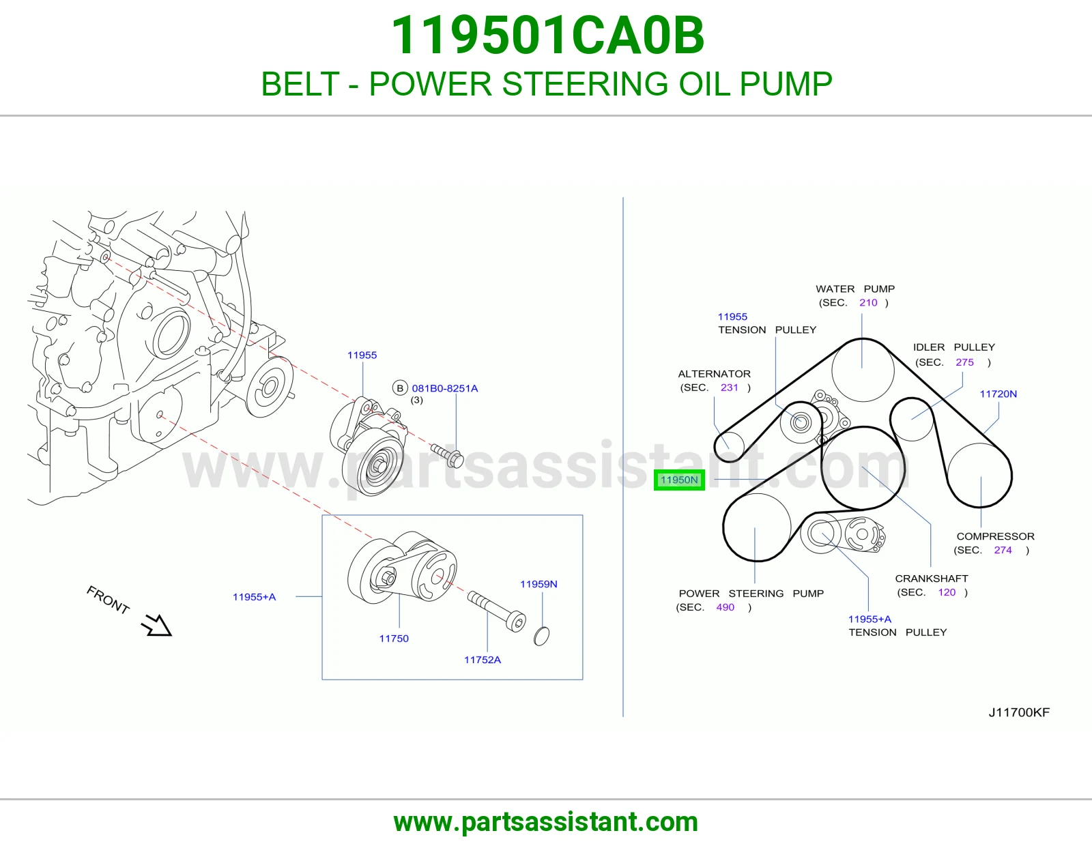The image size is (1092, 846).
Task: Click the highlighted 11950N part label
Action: tap(679, 480)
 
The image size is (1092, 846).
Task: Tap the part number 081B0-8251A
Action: tap(445, 388)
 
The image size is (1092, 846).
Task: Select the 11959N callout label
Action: tap(538, 584)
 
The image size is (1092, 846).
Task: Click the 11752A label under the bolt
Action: tap(483, 660)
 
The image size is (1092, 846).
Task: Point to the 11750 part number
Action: tap(394, 639)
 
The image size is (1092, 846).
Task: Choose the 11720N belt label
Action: tap(998, 394)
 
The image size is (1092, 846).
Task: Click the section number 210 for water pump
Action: tap(868, 302)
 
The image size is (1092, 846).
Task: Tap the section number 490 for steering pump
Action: tap(725, 607)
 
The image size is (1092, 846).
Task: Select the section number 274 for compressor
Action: tap(1003, 550)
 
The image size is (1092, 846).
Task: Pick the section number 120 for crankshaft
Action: tap(946, 592)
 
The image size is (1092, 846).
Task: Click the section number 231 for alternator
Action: tap(729, 388)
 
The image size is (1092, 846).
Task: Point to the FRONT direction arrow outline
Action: tap(156, 626)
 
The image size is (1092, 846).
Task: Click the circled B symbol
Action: tap(400, 388)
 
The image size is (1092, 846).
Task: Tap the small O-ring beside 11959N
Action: tap(541, 636)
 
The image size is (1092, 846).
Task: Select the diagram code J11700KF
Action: tap(1019, 712)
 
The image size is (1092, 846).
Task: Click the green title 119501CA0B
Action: tap(547, 35)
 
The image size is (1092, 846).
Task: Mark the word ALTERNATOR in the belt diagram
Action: tap(714, 374)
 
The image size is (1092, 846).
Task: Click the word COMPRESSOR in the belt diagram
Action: tap(995, 536)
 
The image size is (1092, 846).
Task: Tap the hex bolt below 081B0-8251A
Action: tap(447, 456)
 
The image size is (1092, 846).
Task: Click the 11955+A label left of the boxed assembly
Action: tap(255, 597)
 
